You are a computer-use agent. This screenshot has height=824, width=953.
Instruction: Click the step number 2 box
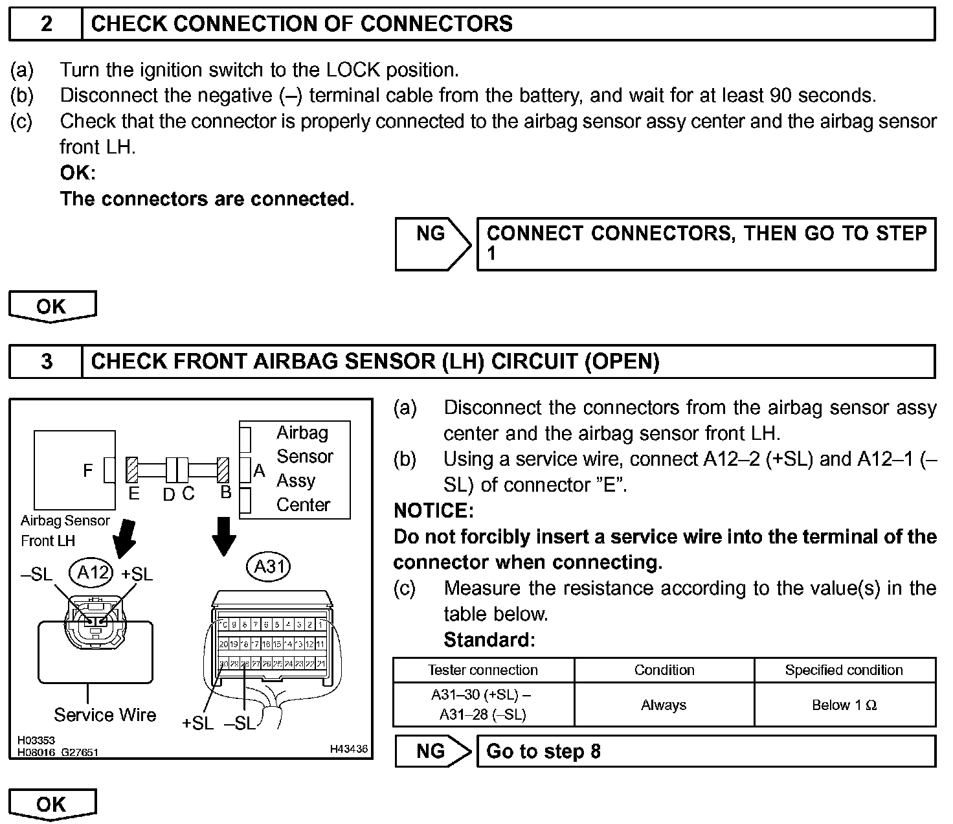(x=46, y=24)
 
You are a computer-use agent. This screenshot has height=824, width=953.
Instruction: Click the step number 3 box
(x=46, y=361)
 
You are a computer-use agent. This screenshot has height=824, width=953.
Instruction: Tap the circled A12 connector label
(x=91, y=572)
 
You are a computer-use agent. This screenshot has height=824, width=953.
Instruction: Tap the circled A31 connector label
(x=269, y=567)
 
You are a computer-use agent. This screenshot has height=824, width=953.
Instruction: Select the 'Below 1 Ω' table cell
(x=844, y=705)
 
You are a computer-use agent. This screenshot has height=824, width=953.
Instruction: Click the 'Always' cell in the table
(x=664, y=705)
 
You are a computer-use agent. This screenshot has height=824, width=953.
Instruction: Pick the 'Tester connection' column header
(x=483, y=670)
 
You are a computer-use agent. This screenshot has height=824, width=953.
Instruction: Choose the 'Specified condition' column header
(x=844, y=670)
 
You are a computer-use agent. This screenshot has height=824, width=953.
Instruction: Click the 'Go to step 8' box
(x=706, y=751)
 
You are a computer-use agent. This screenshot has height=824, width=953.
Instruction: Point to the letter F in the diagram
(x=88, y=470)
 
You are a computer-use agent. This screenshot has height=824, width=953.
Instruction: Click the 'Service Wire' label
(x=105, y=715)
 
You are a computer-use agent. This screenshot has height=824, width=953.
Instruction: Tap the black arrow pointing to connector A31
(x=224, y=536)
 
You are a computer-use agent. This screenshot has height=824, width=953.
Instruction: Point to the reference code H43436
(x=348, y=749)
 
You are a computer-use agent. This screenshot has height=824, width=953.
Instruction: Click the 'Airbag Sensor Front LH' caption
(x=65, y=531)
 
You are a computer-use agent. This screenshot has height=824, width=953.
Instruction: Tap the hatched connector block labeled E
(x=133, y=470)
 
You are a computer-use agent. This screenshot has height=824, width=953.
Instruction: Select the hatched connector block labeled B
(x=224, y=470)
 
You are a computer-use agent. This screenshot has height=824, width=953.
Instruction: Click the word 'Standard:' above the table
(x=489, y=640)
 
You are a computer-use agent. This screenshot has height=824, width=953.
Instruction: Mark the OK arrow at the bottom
(x=52, y=805)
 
